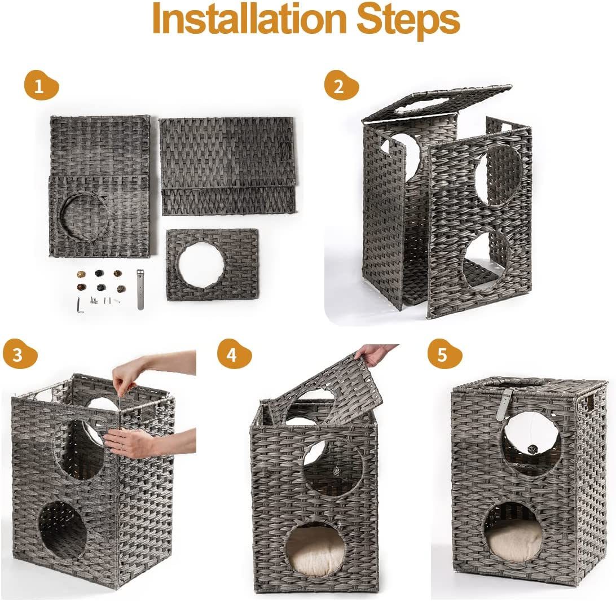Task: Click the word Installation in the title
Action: (x=249, y=19)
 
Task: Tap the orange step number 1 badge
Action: (x=41, y=85)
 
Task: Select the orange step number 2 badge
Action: (x=341, y=85)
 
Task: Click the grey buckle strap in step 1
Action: (x=140, y=289)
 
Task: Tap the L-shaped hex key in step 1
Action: (x=79, y=305)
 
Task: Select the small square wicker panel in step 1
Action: (x=213, y=265)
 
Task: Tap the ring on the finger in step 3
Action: (x=122, y=446)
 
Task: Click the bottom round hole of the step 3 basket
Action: (x=62, y=526)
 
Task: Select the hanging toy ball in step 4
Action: (x=337, y=471)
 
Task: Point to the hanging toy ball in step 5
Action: (x=531, y=449)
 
